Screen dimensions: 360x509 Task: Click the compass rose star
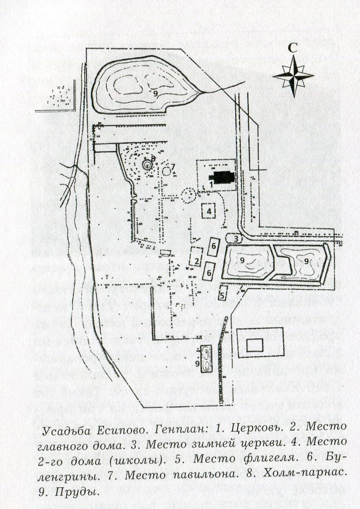tap(293, 76)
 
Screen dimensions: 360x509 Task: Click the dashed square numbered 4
tap(209, 210)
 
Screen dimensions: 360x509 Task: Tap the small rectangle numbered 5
tap(223, 292)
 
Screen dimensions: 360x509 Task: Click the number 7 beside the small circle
tap(173, 165)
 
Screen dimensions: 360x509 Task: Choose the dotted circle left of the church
tap(188, 196)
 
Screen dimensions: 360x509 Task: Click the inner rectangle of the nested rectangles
tap(255, 346)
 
